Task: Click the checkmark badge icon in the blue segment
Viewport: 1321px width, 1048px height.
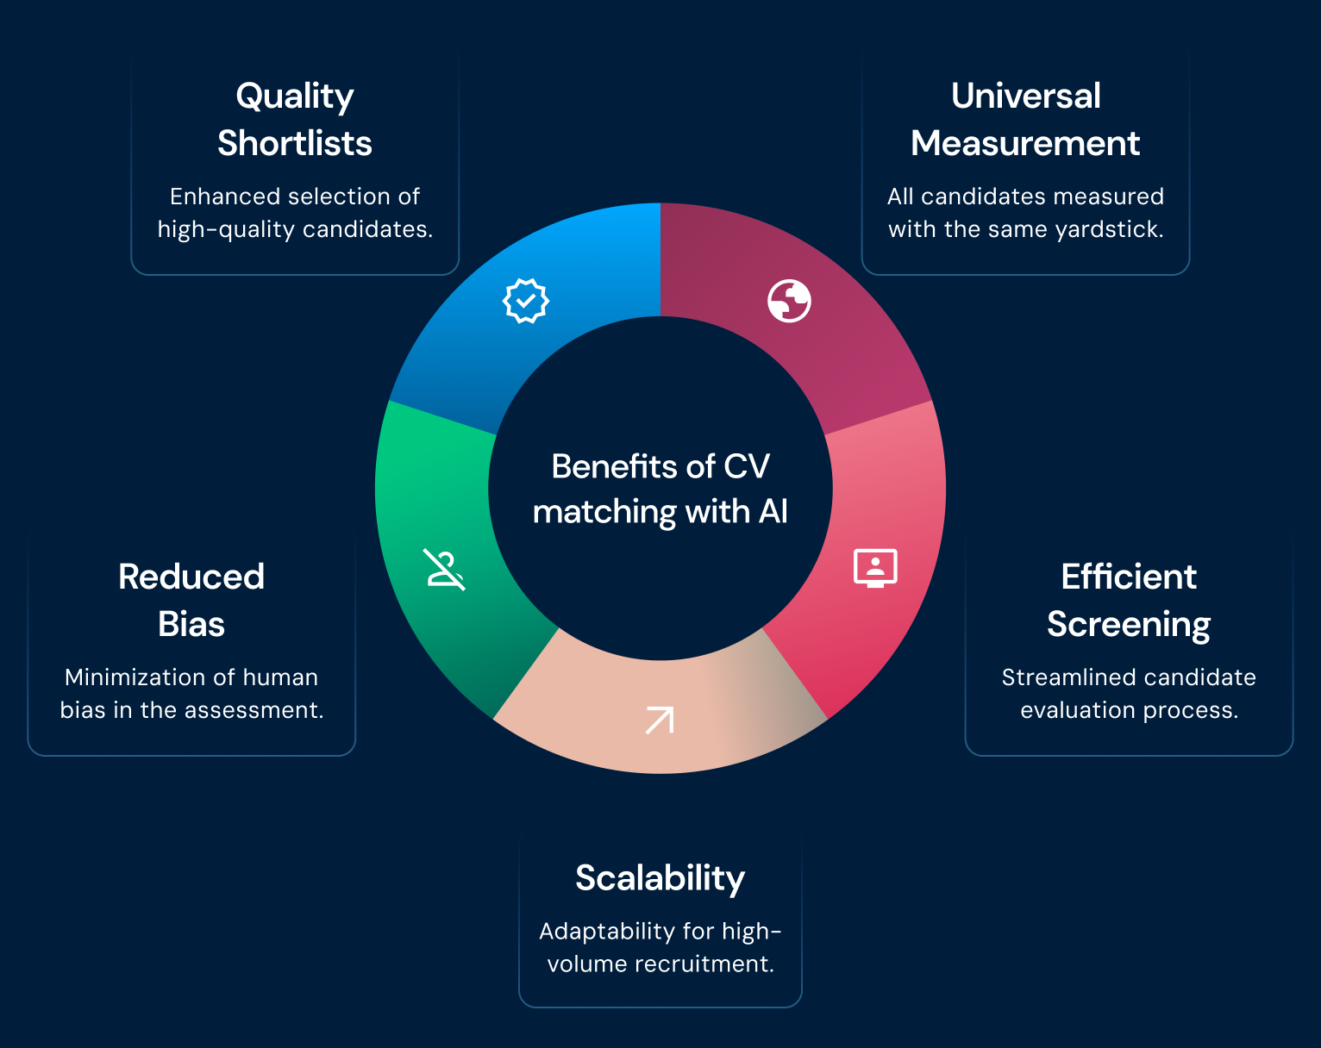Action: (525, 301)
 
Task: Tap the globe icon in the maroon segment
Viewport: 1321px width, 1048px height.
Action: (789, 301)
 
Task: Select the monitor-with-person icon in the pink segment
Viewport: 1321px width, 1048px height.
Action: (875, 568)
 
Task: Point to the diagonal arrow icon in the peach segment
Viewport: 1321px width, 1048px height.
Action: (660, 720)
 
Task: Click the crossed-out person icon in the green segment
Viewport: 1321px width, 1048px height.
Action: (444, 570)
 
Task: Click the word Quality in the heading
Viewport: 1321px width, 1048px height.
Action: (295, 97)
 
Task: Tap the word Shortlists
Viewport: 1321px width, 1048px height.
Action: (295, 144)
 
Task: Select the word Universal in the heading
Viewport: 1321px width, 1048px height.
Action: (1026, 96)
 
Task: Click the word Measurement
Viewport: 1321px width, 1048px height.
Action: (1026, 144)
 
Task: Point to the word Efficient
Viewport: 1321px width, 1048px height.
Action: (1129, 577)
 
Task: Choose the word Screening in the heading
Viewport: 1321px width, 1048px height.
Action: (1129, 625)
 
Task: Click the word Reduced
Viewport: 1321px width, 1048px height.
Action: (191, 577)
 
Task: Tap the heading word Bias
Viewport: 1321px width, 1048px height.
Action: (191, 625)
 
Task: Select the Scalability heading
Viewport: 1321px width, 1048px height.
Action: (660, 879)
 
